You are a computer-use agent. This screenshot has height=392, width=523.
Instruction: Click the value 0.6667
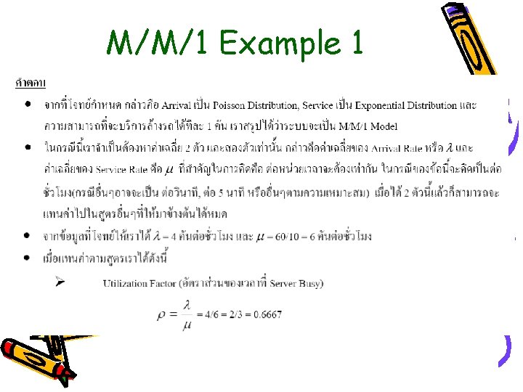coord(267,315)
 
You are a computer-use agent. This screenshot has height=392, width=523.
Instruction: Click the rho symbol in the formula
coord(161,316)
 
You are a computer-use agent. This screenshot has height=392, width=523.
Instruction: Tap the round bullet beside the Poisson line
coord(27,105)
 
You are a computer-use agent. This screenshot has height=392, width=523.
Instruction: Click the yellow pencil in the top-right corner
coord(469,36)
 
